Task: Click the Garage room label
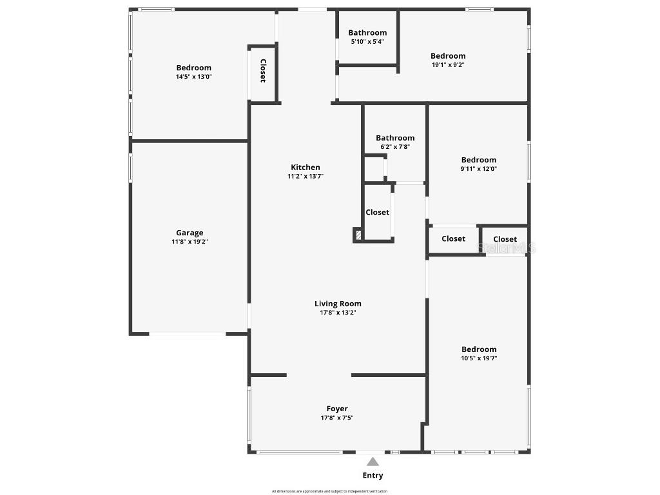pos(189,233)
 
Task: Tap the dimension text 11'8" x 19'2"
pos(189,242)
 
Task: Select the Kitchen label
pos(305,167)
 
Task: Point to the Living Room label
pos(338,304)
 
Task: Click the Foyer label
pos(337,409)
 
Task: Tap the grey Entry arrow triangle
pos(373,461)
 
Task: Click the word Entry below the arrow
pos(373,476)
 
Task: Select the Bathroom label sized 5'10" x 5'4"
pos(367,33)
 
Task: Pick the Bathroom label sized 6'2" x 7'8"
pos(395,138)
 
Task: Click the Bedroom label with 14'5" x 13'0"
pos(194,68)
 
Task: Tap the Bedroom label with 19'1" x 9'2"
pos(448,56)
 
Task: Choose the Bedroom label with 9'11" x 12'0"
pos(478,160)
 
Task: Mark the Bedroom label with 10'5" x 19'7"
pos(479,349)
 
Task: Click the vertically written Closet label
pos(263,71)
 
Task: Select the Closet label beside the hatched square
pos(378,212)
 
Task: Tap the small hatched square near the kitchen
pos(357,235)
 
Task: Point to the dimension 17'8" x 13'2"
pos(338,313)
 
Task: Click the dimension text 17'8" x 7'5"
pos(337,418)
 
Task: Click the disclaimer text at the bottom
pos(329,491)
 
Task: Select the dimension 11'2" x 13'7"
pos(305,176)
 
